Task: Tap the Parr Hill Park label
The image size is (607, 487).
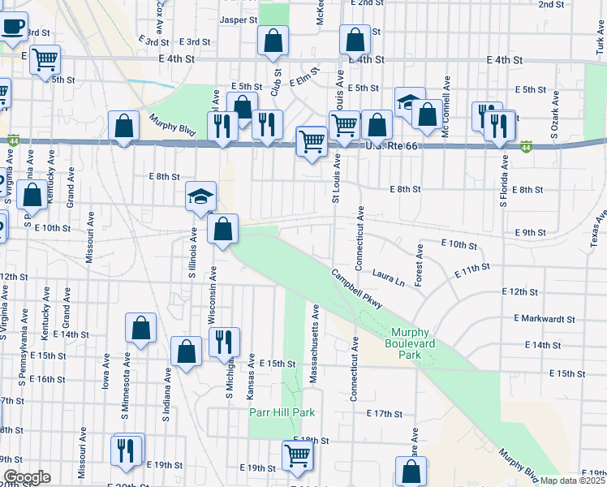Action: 281,412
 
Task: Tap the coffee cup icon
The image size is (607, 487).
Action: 13,26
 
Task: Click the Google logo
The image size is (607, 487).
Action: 26,477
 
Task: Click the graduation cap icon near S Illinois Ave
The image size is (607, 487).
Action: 200,196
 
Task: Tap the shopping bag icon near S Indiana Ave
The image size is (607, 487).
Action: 186,351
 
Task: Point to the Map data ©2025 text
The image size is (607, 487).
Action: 573,481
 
